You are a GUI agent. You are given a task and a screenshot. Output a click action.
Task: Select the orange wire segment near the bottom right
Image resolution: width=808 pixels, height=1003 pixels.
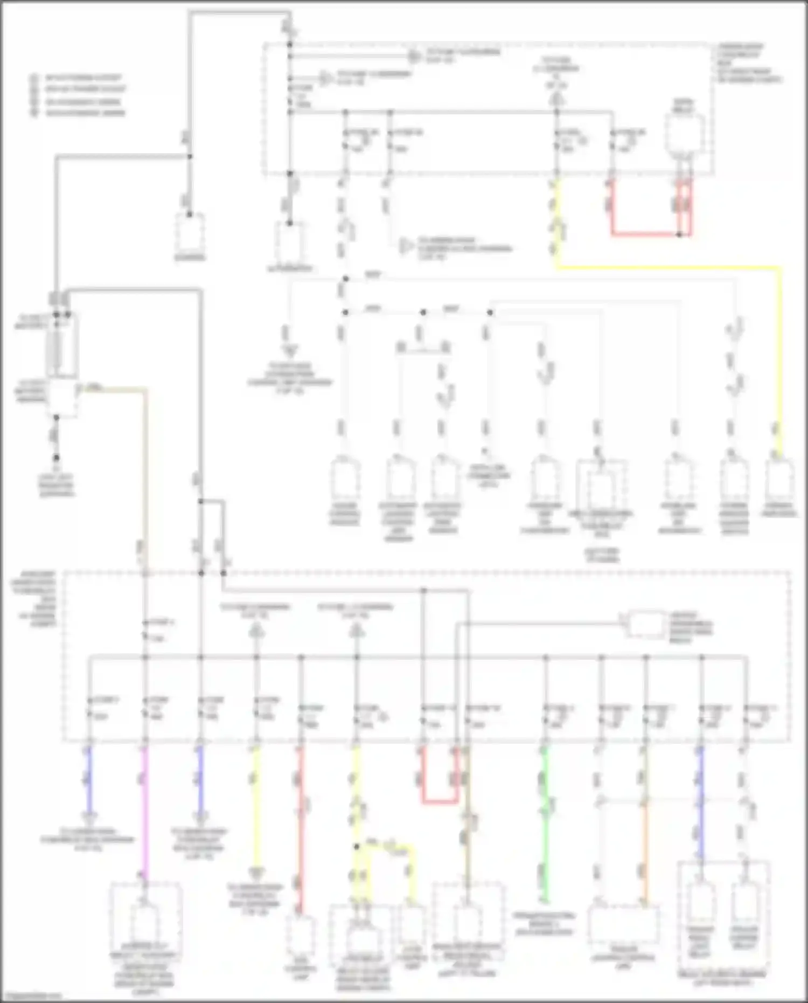(x=645, y=852)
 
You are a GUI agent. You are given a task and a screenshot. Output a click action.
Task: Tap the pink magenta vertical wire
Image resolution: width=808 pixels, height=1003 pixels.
(x=144, y=808)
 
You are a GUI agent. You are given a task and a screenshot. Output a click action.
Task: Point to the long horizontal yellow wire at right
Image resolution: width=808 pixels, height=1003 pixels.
(x=668, y=267)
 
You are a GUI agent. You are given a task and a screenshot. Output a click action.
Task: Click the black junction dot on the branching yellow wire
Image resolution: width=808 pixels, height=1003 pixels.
(x=357, y=846)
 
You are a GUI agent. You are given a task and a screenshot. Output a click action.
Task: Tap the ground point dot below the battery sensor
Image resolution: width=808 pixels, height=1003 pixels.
(x=56, y=458)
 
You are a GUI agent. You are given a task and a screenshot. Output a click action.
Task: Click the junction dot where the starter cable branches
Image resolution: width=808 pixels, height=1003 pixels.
(x=190, y=157)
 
